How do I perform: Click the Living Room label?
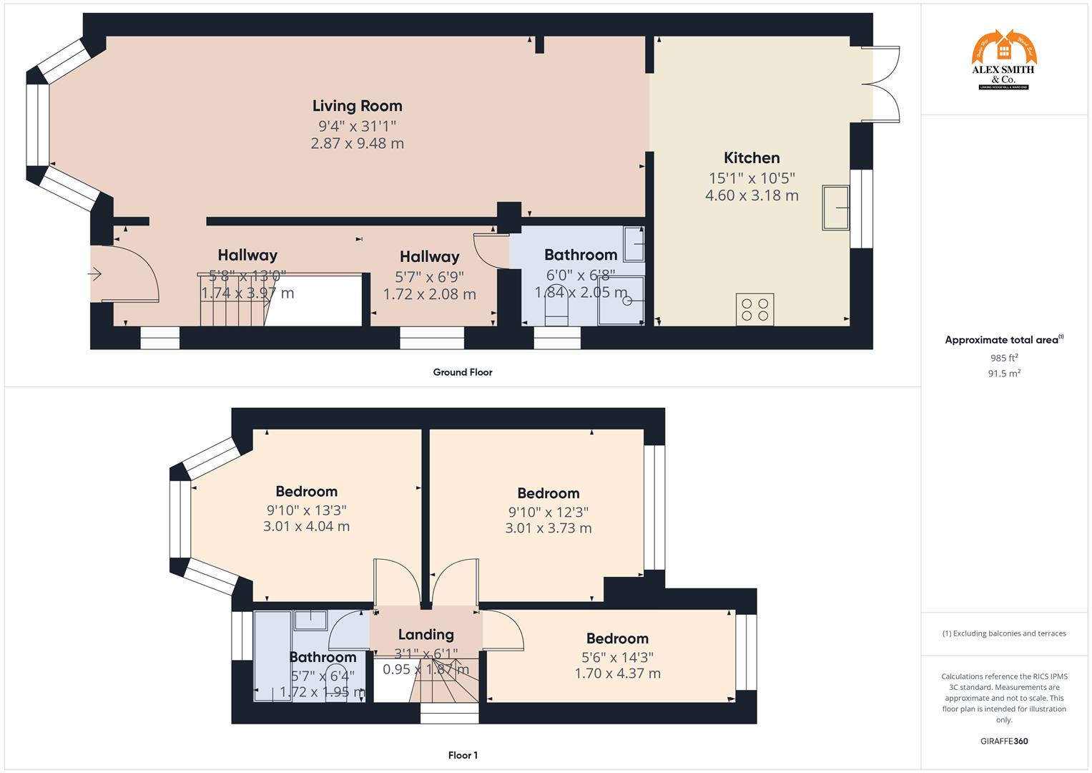[357, 106]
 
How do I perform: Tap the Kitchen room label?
[752, 158]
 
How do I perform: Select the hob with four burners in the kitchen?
[755, 309]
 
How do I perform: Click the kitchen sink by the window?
[835, 208]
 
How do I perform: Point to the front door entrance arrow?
[95, 273]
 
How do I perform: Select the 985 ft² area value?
[1004, 358]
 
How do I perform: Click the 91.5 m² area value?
[1004, 374]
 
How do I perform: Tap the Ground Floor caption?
[462, 372]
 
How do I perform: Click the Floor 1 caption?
[463, 755]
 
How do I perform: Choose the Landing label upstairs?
[426, 635]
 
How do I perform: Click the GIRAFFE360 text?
[1004, 742]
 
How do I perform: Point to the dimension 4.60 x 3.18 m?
[752, 195]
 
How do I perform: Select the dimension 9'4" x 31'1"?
[357, 126]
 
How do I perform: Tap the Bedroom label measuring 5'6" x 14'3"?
[617, 638]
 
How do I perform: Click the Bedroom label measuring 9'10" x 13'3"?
[306, 492]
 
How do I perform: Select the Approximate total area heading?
[1003, 340]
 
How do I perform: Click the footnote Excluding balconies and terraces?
[1004, 633]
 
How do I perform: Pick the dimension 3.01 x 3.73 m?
[548, 529]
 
